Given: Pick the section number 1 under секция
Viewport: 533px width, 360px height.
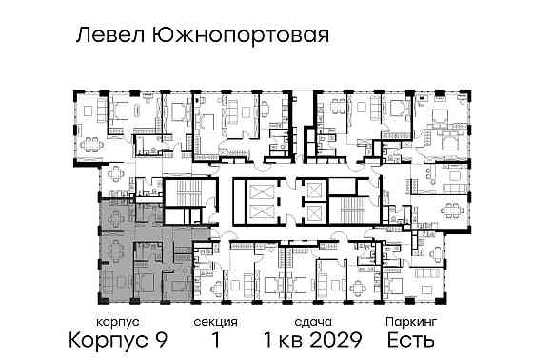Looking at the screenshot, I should [x=216, y=340].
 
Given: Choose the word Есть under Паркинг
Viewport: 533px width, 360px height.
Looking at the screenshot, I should [x=410, y=340].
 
